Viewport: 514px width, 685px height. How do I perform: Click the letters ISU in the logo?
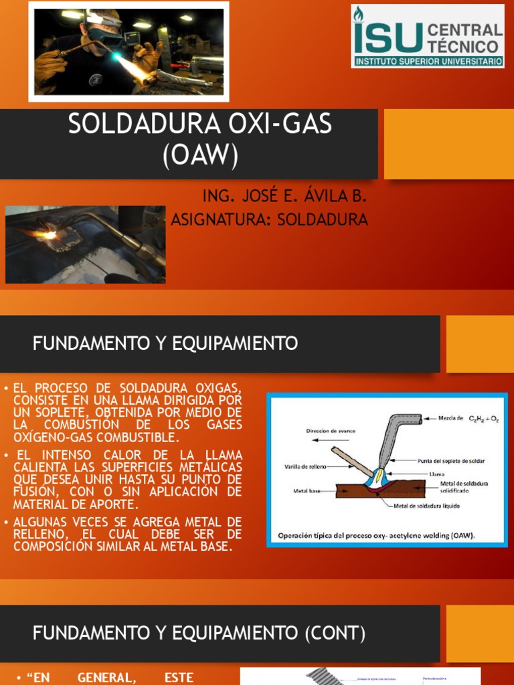click(388, 37)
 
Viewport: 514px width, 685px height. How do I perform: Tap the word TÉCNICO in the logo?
click(462, 46)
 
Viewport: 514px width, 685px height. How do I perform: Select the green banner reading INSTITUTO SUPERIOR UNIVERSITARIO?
click(428, 61)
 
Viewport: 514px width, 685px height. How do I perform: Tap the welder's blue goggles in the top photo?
click(106, 36)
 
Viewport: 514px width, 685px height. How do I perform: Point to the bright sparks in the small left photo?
click(48, 235)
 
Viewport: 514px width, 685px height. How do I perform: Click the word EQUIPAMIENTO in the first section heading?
click(235, 344)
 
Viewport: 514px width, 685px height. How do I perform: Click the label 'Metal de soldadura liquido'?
click(426, 505)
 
